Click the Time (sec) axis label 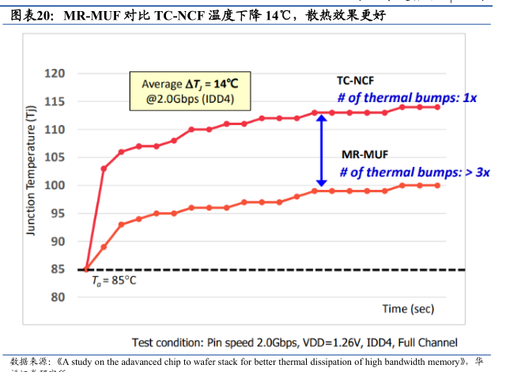[x=408, y=308]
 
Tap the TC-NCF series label [x=356, y=81]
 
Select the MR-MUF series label [x=364, y=154]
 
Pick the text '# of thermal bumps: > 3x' [x=415, y=172]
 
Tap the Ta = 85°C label [x=114, y=280]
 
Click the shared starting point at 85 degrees [x=86, y=269]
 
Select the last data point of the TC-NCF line [x=437, y=107]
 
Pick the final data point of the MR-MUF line [x=437, y=185]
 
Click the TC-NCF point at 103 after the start [x=104, y=169]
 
